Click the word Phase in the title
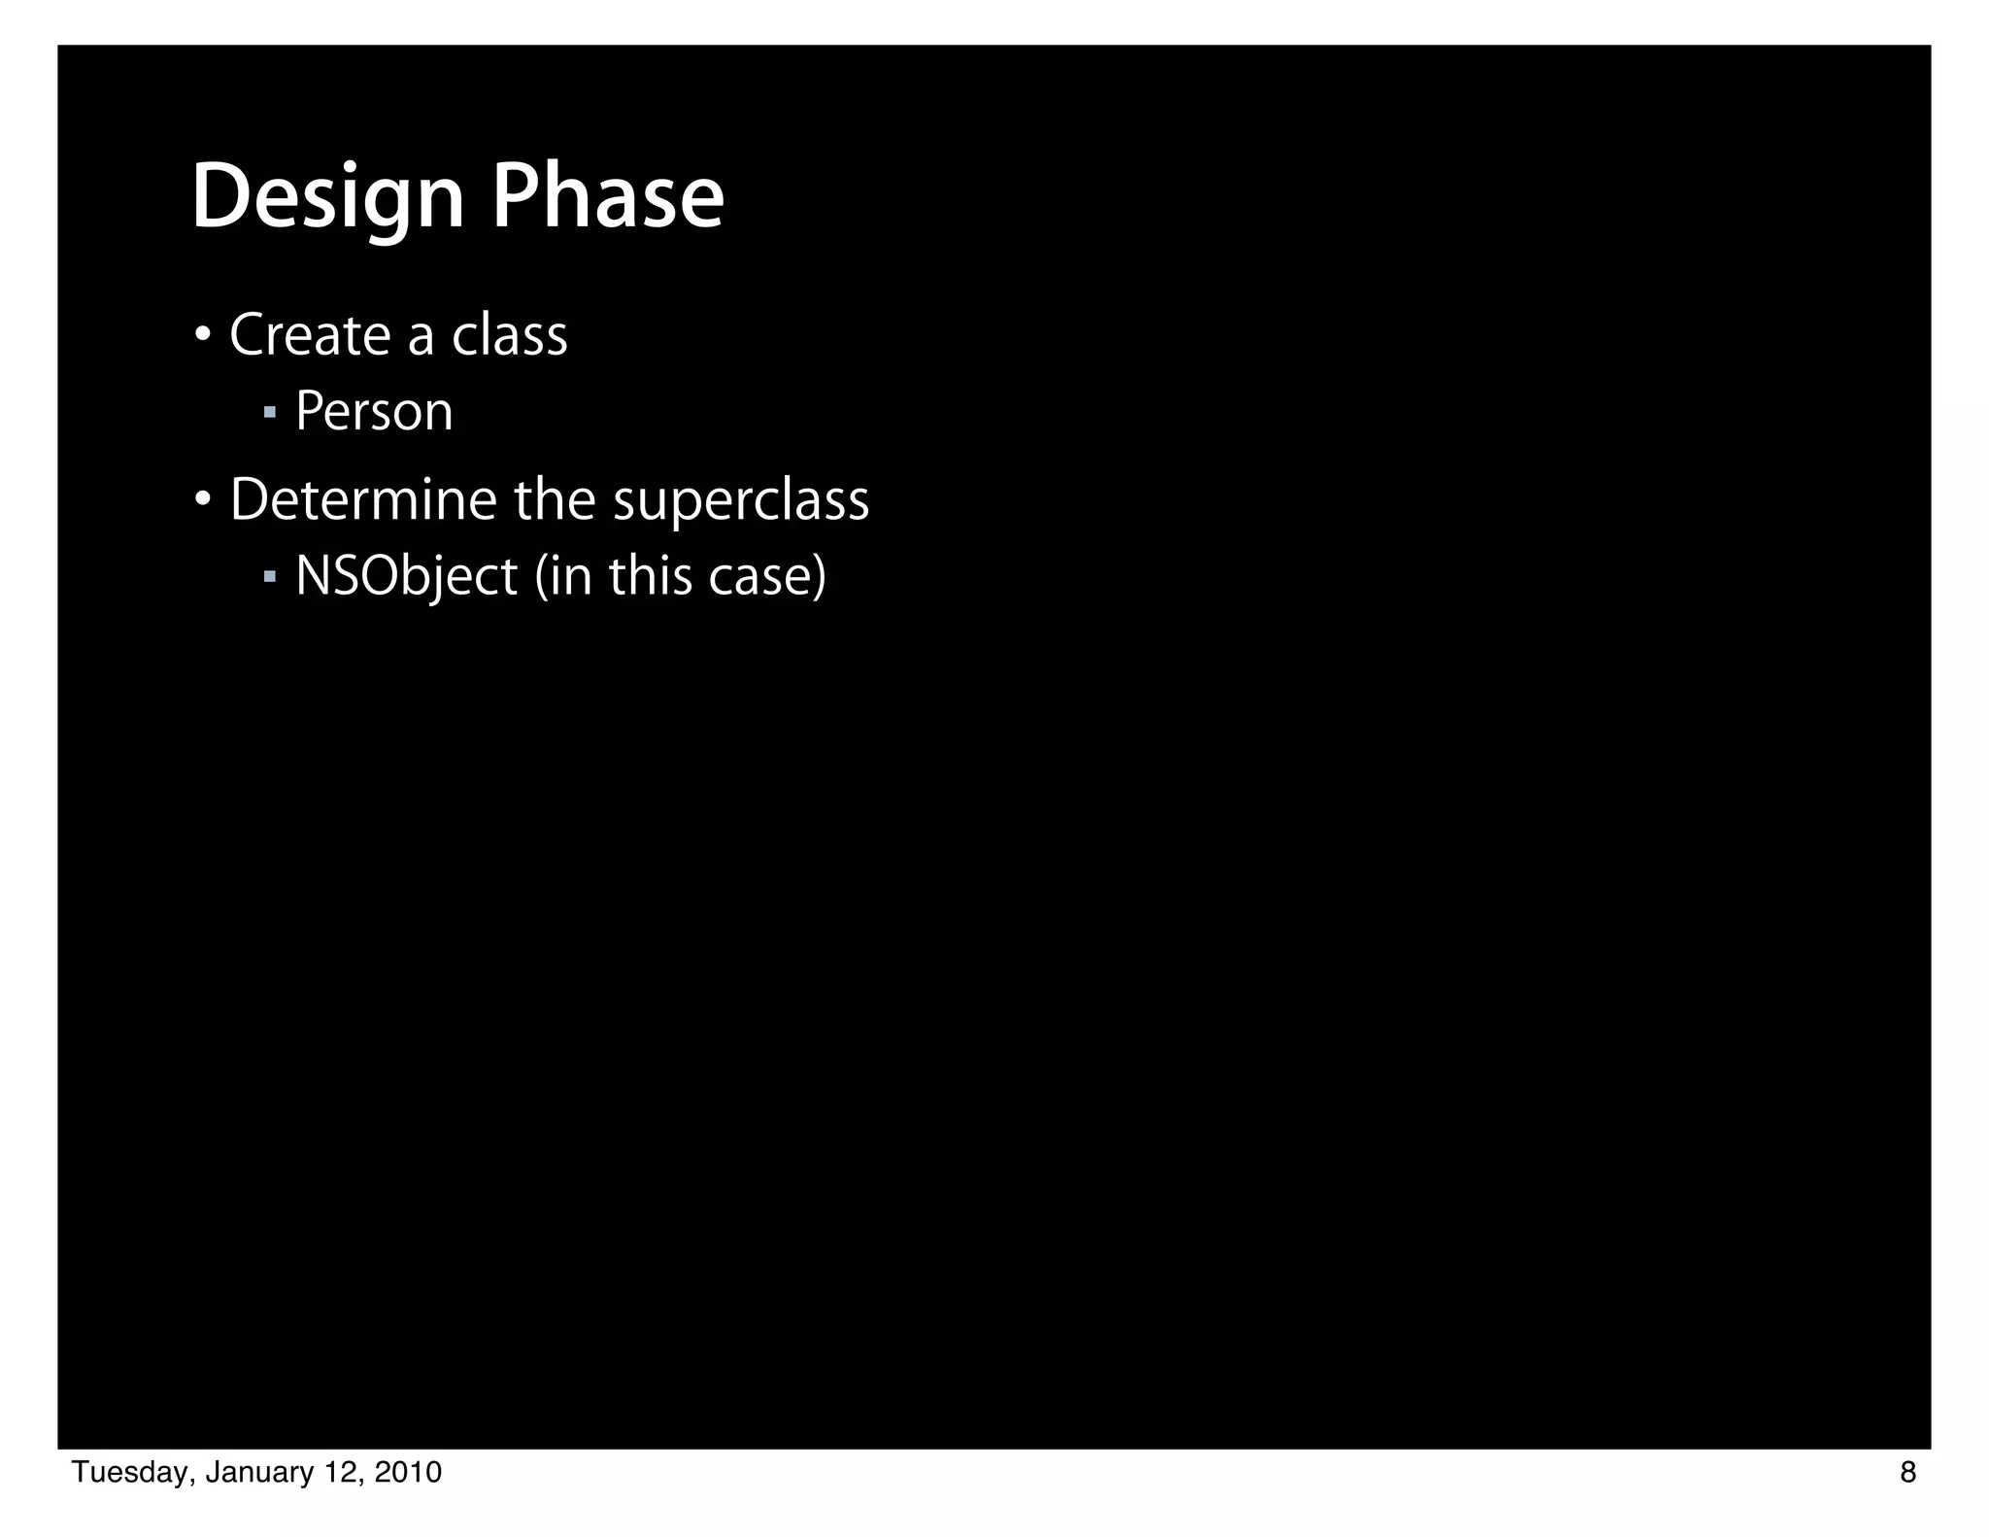coord(608,197)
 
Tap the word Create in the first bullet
coord(310,335)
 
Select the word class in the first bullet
coord(510,335)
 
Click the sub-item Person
coord(374,411)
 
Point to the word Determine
coord(363,500)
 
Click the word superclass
coord(741,500)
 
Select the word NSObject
coord(406,576)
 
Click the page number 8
coord(1907,1473)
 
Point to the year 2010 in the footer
coord(408,1473)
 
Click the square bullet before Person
coord(270,414)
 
